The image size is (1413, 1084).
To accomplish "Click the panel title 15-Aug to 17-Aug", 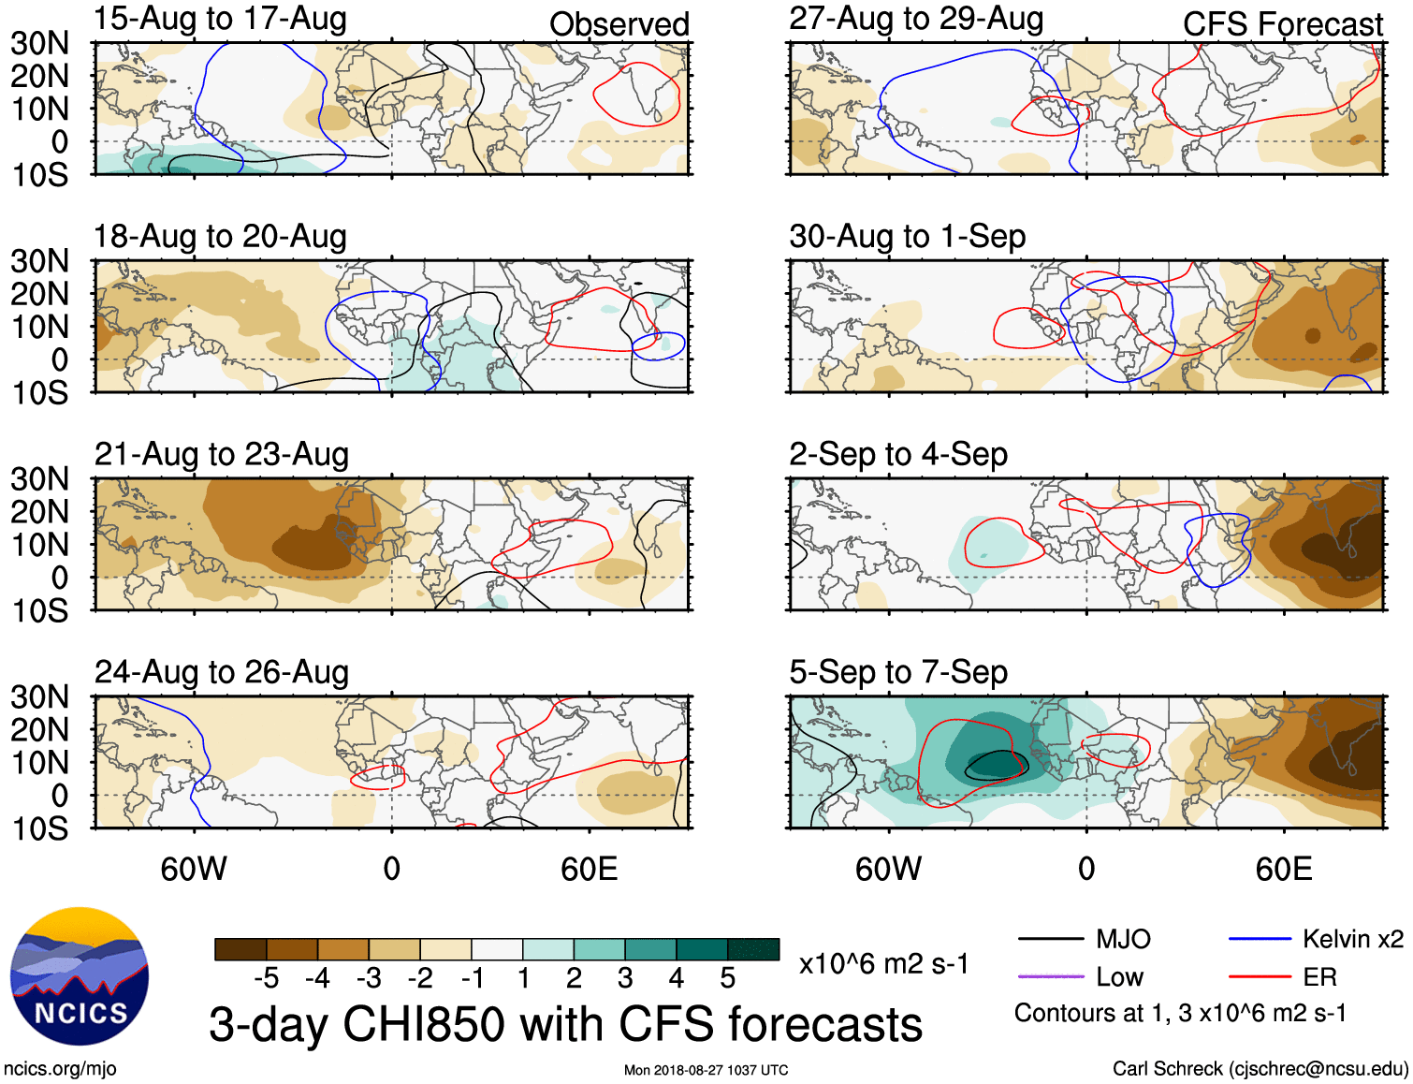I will [220, 19].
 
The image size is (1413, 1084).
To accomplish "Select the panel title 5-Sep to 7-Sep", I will [898, 672].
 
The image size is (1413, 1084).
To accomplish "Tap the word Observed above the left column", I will [619, 24].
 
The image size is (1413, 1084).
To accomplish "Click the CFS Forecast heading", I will [1282, 24].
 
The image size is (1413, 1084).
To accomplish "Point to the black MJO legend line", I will [1050, 939].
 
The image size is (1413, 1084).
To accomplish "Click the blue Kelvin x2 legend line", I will [1260, 939].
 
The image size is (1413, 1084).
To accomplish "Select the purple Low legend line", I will [1050, 976].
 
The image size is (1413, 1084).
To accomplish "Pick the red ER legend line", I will [1260, 976].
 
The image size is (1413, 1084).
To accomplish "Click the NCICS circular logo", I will [80, 976].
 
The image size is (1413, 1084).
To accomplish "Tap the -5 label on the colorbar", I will [267, 979].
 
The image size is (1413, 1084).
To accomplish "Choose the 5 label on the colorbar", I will [728, 979].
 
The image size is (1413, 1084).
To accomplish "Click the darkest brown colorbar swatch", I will [240, 949].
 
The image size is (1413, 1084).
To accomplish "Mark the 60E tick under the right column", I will [1283, 869].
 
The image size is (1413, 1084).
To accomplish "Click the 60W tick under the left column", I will [194, 869].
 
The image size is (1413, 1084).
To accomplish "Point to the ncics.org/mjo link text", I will [60, 1068].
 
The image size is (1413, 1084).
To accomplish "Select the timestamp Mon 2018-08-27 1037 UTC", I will [706, 1070].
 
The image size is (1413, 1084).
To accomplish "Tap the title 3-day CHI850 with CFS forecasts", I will [565, 1024].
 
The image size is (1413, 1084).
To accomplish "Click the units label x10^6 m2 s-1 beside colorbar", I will [883, 964].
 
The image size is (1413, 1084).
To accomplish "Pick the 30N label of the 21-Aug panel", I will [39, 479].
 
